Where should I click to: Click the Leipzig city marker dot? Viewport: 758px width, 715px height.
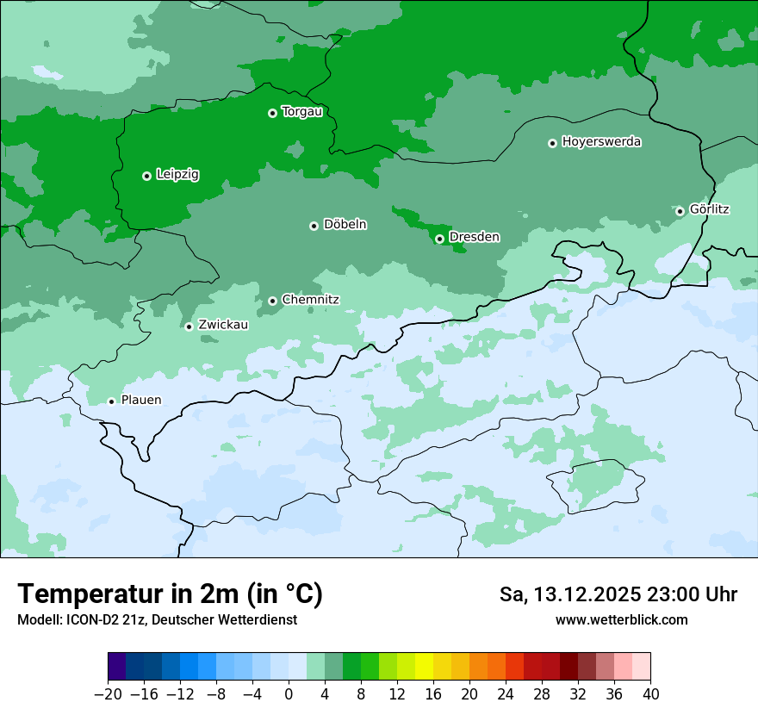tap(146, 176)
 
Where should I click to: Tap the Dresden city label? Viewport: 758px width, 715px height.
tap(474, 237)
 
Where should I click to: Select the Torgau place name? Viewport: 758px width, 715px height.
tap(301, 111)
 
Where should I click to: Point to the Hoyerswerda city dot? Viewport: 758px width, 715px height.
tap(552, 143)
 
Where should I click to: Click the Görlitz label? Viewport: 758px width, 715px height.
tap(709, 209)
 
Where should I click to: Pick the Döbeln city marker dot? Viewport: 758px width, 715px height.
tap(314, 226)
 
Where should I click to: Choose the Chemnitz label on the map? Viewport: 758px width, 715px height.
tap(310, 300)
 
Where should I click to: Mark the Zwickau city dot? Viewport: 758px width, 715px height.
tap(189, 326)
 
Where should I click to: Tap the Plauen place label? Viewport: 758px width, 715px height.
tap(140, 400)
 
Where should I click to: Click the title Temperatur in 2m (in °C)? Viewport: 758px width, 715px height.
tap(170, 594)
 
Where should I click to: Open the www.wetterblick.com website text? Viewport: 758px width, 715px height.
tap(621, 619)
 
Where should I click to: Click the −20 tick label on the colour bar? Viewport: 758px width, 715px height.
tap(108, 694)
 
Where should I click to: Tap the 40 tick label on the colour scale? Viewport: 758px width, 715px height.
tap(650, 694)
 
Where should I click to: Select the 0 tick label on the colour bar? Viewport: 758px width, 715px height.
tap(289, 694)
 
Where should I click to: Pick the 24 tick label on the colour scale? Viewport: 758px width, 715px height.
tap(506, 694)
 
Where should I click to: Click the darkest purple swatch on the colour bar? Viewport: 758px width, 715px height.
tap(117, 667)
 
